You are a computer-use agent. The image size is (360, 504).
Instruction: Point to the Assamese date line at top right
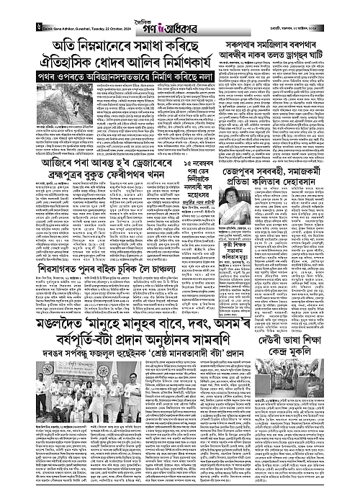(x=317, y=18)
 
